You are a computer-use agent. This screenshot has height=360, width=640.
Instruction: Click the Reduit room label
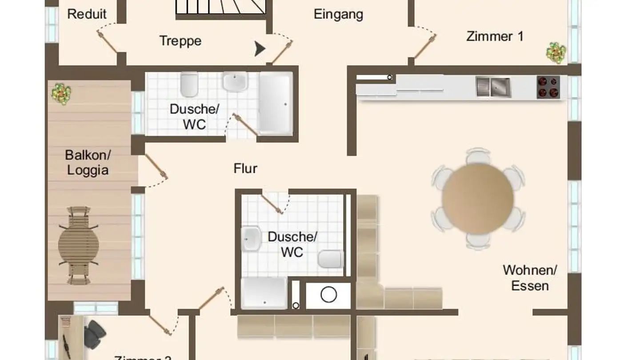[x=87, y=14]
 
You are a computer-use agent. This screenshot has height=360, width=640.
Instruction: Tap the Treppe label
[x=180, y=41]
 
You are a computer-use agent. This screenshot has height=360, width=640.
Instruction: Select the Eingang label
[x=338, y=14]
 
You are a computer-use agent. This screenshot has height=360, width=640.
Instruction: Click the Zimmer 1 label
[x=495, y=36]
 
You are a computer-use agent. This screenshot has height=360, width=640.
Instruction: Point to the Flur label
[x=245, y=168]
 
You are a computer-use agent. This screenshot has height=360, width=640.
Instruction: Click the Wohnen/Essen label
[x=529, y=278]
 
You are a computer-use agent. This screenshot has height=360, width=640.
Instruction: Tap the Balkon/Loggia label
[x=88, y=163]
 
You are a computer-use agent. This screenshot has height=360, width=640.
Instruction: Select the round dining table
[x=478, y=198]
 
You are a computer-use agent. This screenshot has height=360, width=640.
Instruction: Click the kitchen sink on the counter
[x=493, y=87]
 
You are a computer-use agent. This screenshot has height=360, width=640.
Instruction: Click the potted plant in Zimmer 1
[x=556, y=52]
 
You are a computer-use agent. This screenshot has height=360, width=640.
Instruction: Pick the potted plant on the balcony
[x=61, y=93]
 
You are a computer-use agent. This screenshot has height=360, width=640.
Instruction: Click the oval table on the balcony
[x=79, y=244]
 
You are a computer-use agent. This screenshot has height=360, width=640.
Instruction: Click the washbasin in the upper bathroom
[x=235, y=82]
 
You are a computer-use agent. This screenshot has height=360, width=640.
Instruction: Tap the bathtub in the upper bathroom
[x=276, y=103]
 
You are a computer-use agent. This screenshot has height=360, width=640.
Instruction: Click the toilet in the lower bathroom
[x=331, y=259]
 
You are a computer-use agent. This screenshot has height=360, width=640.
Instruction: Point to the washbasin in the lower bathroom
[x=251, y=238]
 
